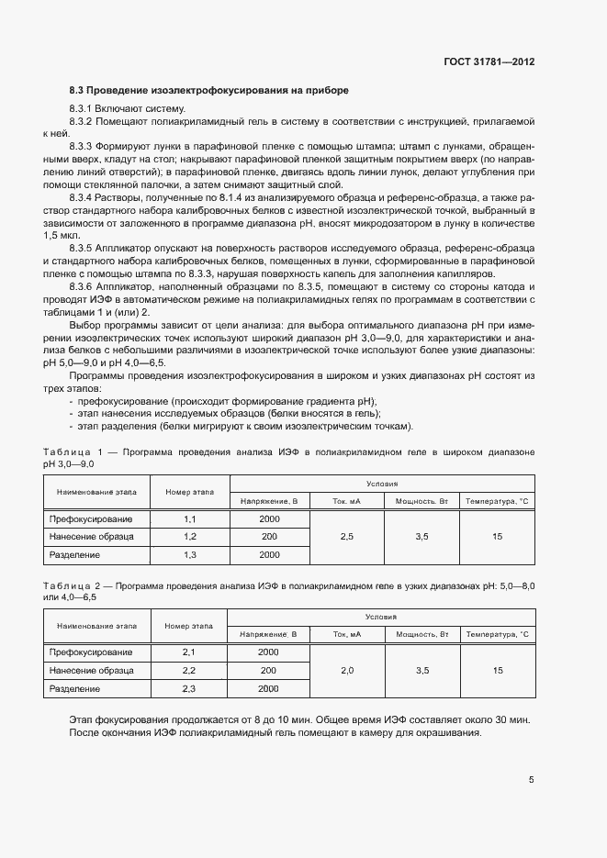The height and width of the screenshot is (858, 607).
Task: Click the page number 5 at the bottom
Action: pyautogui.click(x=532, y=780)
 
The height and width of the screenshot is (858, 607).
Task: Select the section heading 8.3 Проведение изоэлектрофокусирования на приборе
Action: pyautogui.click(x=208, y=91)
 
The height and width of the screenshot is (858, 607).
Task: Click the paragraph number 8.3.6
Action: pyautogui.click(x=84, y=288)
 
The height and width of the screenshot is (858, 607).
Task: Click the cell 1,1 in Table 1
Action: pyautogui.click(x=190, y=519)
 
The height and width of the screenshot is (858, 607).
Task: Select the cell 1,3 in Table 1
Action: pyautogui.click(x=190, y=555)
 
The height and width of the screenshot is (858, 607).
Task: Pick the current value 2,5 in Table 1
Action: pyautogui.click(x=347, y=537)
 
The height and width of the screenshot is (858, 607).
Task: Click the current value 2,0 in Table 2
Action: pyautogui.click(x=347, y=671)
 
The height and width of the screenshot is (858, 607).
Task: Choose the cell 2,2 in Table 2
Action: pyautogui.click(x=190, y=671)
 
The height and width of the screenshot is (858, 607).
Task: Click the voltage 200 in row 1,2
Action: pyautogui.click(x=269, y=537)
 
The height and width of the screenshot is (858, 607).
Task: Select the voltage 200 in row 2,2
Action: pyautogui.click(x=269, y=671)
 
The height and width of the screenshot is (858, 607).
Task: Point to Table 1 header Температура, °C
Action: pyautogui.click(x=497, y=501)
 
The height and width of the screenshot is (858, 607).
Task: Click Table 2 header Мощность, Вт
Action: pyautogui.click(x=422, y=634)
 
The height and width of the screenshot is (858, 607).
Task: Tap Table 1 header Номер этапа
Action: pyautogui.click(x=190, y=492)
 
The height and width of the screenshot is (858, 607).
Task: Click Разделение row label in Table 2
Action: pyautogui.click(x=74, y=688)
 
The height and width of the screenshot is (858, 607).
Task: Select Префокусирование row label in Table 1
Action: pyautogui.click(x=91, y=519)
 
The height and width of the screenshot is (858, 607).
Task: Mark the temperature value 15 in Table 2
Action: pyautogui.click(x=497, y=671)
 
